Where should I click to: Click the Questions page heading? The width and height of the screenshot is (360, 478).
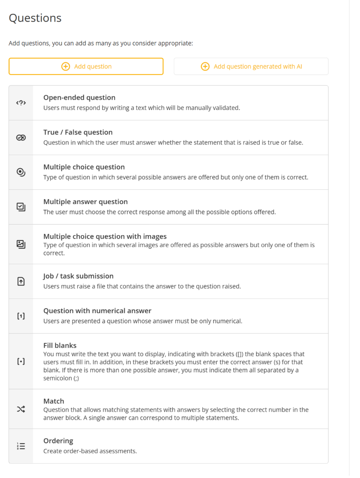[35, 18]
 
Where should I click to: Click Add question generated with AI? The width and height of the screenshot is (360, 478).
[258, 66]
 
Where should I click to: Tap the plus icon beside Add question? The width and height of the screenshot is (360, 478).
[66, 66]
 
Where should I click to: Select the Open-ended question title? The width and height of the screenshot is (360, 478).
[79, 98]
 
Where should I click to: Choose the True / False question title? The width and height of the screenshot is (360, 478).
[78, 132]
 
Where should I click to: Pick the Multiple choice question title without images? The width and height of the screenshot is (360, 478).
[84, 167]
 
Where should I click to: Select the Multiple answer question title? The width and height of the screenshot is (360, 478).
[86, 202]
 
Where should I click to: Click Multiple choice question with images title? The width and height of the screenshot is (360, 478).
[105, 236]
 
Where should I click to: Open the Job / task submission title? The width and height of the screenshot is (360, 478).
[78, 276]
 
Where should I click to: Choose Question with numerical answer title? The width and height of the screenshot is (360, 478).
[98, 311]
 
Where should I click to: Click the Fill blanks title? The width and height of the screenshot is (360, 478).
[60, 345]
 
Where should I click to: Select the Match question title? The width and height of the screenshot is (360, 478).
[54, 401]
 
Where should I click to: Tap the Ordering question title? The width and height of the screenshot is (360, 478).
[58, 441]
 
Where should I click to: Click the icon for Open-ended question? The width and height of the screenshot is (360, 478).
[21, 103]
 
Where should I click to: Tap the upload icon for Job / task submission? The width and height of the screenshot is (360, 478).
[21, 282]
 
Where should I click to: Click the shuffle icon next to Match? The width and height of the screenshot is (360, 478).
[21, 409]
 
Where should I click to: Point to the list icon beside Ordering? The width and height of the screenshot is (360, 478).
[21, 446]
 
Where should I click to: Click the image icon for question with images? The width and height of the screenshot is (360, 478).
[21, 244]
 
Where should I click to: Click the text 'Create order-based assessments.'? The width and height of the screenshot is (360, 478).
[90, 451]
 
